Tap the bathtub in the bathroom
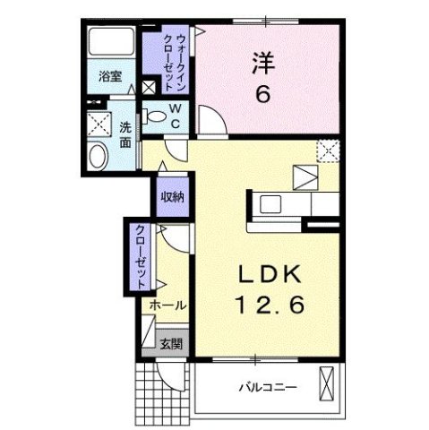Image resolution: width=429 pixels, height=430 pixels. pos(109,44)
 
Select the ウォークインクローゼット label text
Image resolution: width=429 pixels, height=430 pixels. pos(168,57)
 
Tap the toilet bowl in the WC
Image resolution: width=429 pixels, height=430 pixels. pos(159,114)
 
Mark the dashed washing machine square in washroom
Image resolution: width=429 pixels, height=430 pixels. pos(97,124)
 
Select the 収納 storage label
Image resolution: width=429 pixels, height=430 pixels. pos(171,197)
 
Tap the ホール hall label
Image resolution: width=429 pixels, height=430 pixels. pos(167,305)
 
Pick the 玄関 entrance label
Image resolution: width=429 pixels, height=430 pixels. pos(171,343)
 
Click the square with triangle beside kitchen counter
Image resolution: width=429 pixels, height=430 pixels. pos(305,176)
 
